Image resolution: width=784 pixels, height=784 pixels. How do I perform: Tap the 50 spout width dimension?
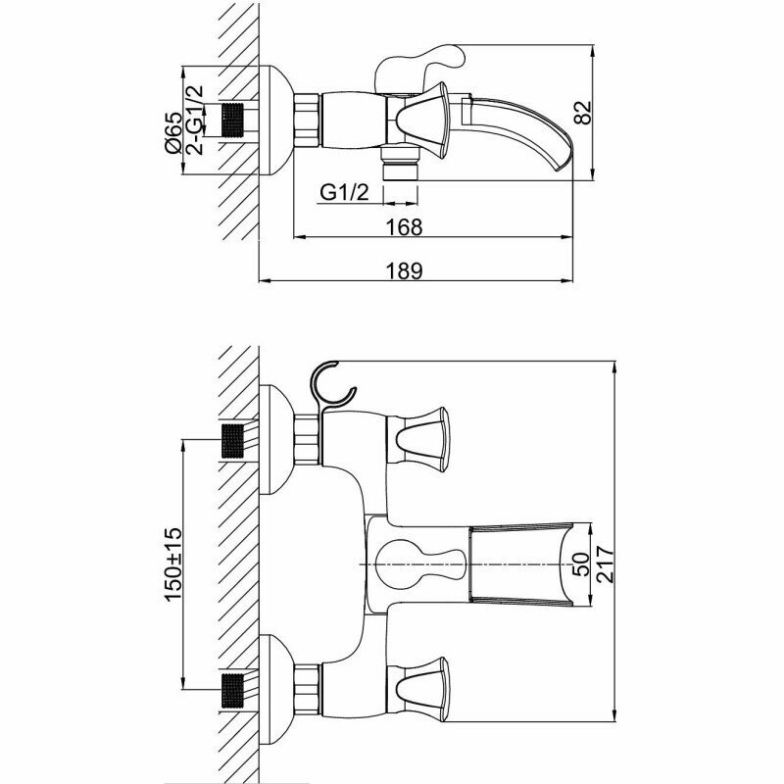tap(580, 565)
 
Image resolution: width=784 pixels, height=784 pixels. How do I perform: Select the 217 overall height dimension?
tap(605, 565)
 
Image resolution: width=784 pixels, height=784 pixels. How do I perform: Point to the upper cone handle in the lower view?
tap(421, 436)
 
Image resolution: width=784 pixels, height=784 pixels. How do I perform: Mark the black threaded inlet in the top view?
tap(232, 122)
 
